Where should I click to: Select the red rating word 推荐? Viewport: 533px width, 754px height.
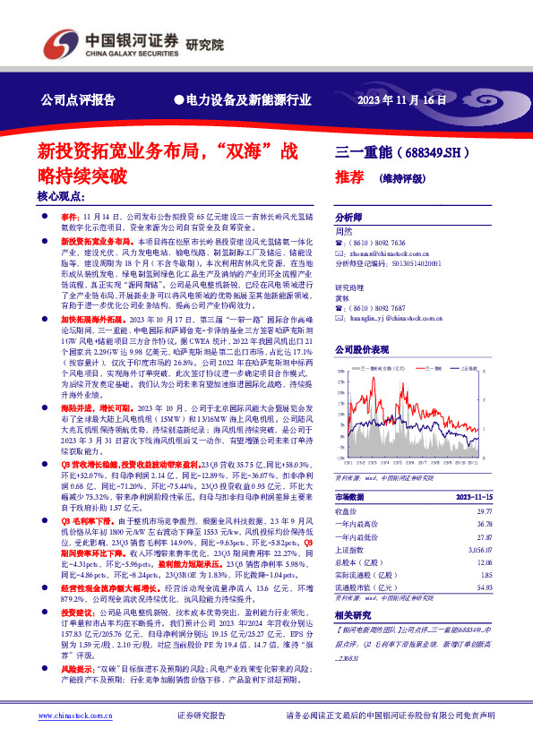coord(349,176)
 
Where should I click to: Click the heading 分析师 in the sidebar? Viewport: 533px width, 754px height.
coord(348,218)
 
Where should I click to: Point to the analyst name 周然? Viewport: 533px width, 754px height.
coord(343,231)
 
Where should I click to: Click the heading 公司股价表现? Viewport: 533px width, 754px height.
coord(362,349)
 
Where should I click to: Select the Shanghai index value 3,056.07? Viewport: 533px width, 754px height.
coord(481,552)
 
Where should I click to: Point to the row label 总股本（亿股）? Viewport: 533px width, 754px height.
coord(358,565)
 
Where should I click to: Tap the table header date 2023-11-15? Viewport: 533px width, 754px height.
coord(472,494)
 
